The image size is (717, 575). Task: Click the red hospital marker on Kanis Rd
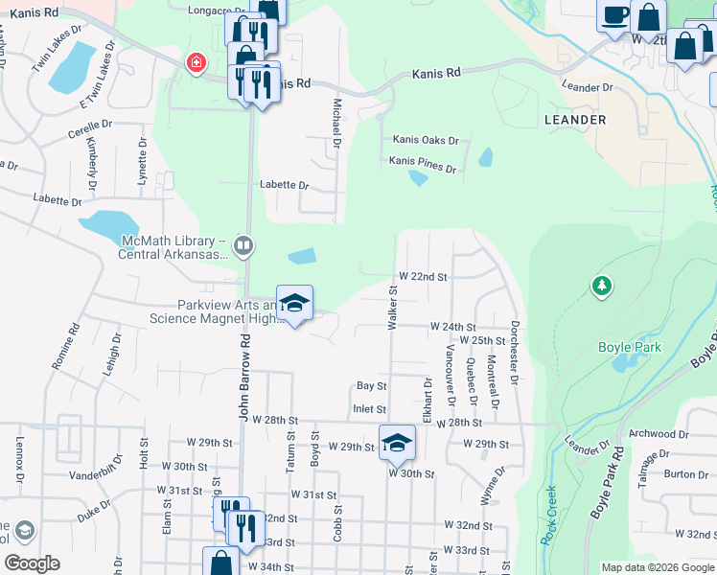197,63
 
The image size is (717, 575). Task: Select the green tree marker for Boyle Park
601,286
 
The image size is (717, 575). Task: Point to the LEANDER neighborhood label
575,120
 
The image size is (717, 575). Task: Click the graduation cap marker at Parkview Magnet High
295,304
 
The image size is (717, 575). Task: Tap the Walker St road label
392,308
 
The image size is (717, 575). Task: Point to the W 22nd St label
423,276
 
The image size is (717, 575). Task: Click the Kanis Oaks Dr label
423,140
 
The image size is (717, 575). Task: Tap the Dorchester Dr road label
514,353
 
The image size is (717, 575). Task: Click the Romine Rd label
73,347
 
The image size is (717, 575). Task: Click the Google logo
32,563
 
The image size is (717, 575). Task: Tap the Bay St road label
371,386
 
